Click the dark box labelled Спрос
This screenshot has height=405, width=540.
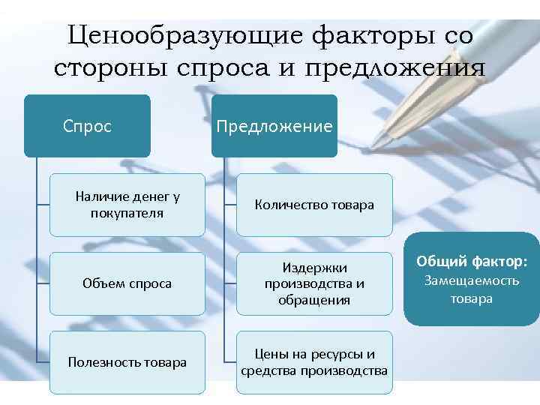pyautogui.click(x=87, y=126)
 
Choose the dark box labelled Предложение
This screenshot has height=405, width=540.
pyautogui.click(x=274, y=126)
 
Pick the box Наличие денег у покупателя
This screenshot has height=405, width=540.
pyautogui.click(x=127, y=205)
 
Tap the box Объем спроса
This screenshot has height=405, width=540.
pyautogui.click(x=127, y=283)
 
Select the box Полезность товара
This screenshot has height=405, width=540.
pyautogui.click(x=127, y=362)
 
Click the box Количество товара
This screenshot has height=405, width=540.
pyautogui.click(x=314, y=205)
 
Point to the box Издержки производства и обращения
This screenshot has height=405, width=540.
pyautogui.click(x=314, y=283)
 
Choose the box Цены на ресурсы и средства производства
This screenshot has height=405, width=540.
pyautogui.click(x=314, y=362)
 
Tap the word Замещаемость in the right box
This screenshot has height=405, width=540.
pyautogui.click(x=472, y=281)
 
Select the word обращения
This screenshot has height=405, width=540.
pyautogui.click(x=314, y=300)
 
